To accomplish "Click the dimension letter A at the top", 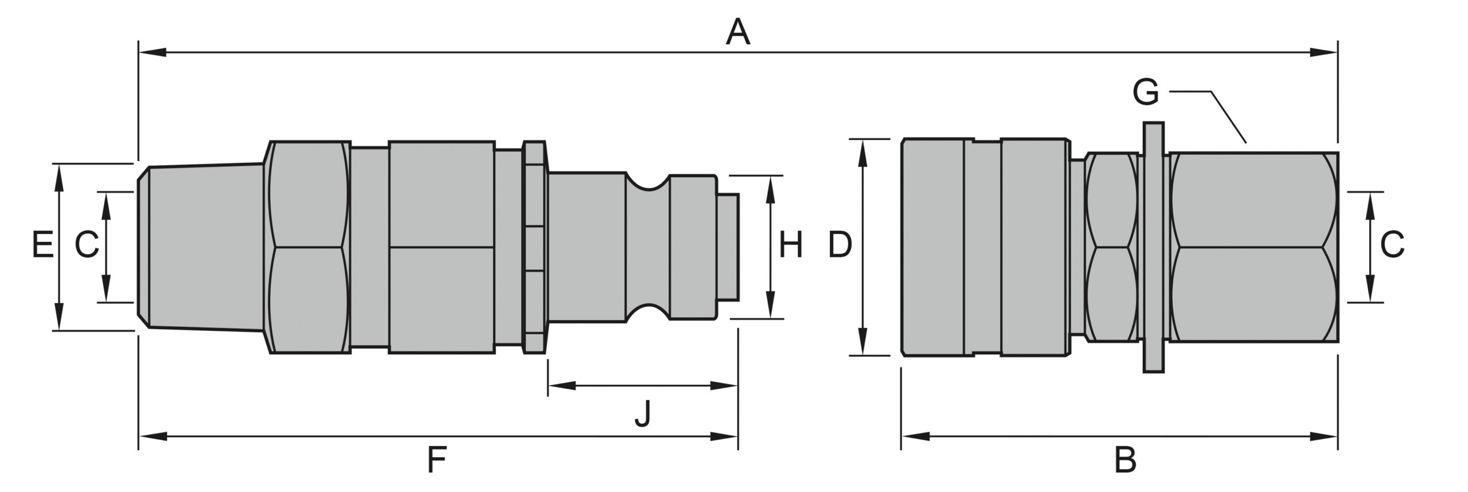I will (x=738, y=32).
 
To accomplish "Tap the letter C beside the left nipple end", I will (x=87, y=246).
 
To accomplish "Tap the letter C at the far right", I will (x=1392, y=245).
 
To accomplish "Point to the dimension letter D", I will (x=840, y=246).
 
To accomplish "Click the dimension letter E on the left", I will (x=43, y=246).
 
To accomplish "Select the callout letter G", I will (x=1146, y=92).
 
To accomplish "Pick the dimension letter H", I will (x=791, y=246).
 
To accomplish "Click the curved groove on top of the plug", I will (x=648, y=182).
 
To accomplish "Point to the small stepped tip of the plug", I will (x=728, y=247).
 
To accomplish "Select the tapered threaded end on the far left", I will (x=201, y=247).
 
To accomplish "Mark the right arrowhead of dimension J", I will (x=724, y=386).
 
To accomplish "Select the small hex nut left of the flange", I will (x=1112, y=247).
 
